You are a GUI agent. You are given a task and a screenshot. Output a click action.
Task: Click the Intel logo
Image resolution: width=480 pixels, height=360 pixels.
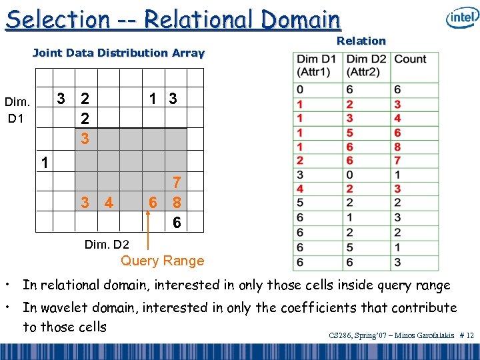pos(462,18)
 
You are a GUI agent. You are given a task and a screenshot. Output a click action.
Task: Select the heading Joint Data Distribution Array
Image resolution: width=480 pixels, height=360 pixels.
pos(119,53)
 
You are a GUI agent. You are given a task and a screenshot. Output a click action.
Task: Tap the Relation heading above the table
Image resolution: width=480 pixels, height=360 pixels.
pos(361,41)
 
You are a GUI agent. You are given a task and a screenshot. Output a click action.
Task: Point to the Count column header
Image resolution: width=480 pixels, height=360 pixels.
pos(411,59)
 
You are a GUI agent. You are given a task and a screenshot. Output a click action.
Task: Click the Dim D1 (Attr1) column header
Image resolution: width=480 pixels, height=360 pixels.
pos(317,65)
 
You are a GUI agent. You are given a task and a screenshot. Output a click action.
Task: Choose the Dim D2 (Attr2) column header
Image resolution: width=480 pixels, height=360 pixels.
pos(366,65)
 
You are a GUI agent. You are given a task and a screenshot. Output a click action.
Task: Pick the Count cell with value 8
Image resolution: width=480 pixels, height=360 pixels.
pos(398,147)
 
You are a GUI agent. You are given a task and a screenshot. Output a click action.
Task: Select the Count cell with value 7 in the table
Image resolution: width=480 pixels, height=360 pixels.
pos(398,161)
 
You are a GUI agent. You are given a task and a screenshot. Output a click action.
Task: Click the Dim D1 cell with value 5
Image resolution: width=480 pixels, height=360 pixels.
pos(301,203)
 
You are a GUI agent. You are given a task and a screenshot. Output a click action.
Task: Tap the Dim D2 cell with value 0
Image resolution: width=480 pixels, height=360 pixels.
pos(350,175)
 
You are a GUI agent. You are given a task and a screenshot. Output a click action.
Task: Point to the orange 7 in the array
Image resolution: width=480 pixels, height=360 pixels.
pos(176,182)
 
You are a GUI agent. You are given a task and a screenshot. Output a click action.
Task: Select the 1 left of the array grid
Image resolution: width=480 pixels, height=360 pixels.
pos(43,162)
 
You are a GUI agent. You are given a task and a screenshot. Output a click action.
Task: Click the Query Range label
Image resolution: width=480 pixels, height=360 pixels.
pos(162,261)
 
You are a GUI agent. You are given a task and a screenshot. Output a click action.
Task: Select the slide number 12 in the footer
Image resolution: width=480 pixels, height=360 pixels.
pos(470,335)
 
